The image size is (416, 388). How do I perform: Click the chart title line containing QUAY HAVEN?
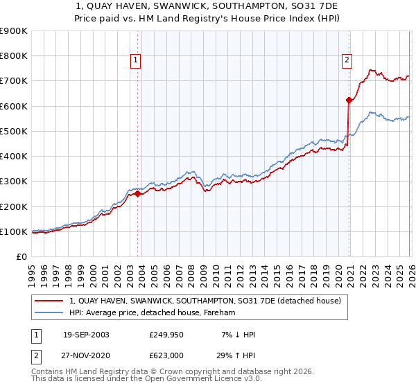tap(207, 5)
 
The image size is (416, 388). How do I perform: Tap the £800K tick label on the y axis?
tap(14, 56)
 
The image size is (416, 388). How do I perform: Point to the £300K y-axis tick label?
tap(14, 182)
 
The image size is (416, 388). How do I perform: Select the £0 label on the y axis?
tap(21, 257)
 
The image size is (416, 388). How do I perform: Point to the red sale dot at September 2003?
tap(137, 194)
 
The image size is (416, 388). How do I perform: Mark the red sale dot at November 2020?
tap(349, 100)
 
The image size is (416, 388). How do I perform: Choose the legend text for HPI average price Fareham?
tap(153, 313)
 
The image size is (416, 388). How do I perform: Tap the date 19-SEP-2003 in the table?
tap(86, 335)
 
